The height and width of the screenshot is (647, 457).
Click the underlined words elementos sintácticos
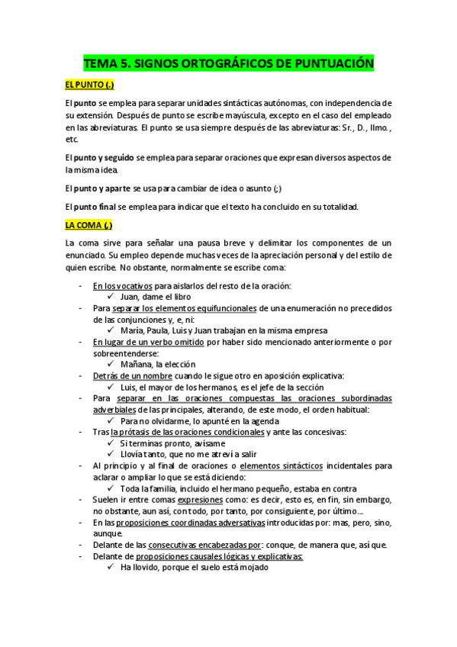(280, 466)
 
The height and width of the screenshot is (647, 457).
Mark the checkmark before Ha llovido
(111, 568)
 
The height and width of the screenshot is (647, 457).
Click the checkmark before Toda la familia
(111, 488)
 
